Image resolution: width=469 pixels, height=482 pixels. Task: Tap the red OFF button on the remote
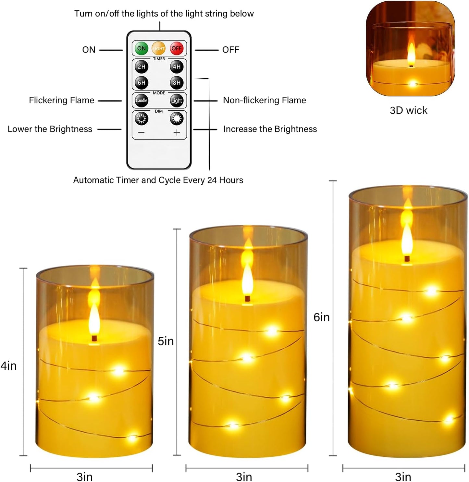177,48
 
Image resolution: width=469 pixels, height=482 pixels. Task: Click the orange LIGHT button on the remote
159,48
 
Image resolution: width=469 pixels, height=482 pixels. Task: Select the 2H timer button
142,67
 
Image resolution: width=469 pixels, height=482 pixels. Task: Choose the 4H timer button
177,67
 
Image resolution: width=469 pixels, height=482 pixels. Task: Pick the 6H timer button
142,83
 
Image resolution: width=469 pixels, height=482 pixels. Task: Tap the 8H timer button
177,83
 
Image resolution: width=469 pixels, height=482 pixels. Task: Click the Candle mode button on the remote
142,101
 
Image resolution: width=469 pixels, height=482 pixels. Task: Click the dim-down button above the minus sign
142,119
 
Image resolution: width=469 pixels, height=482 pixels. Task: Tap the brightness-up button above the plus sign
177,119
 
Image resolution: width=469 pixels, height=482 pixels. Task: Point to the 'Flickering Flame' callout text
61,100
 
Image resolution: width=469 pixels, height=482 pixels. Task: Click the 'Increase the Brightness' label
270,129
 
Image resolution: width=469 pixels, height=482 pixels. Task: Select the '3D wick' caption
408,110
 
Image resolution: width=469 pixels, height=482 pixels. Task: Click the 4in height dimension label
9,366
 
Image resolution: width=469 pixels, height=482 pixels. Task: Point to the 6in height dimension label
321,317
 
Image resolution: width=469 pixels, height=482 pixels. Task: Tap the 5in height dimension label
166,341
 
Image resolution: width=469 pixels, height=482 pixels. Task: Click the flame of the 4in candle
94,316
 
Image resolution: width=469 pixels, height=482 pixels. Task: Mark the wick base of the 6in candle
407,259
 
